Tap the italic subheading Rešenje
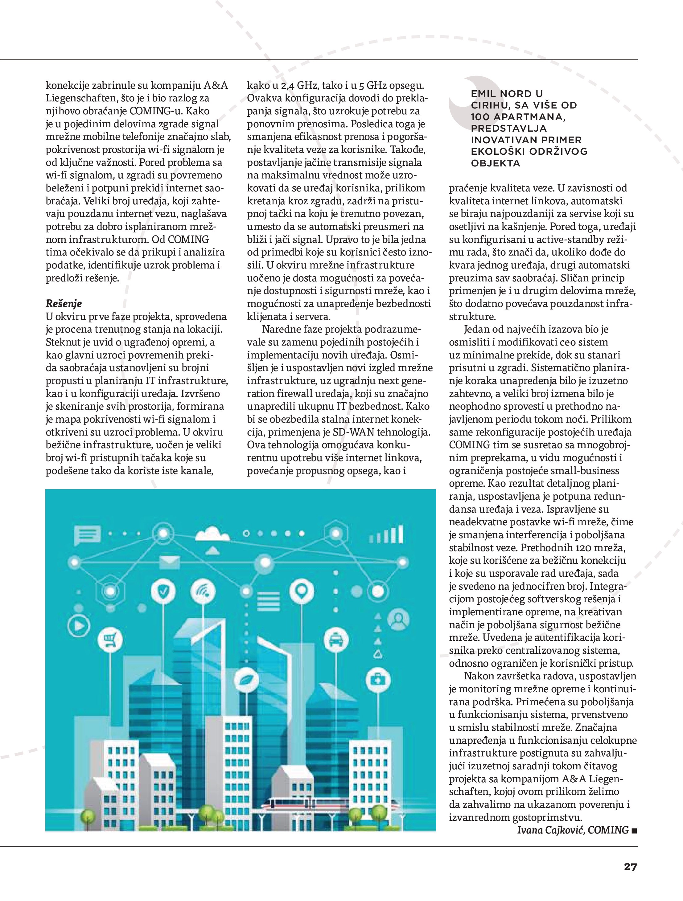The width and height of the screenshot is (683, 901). [x=64, y=303]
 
